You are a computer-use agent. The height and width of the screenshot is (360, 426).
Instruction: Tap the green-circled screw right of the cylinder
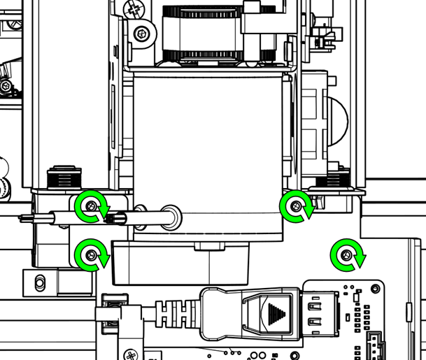point(297,206)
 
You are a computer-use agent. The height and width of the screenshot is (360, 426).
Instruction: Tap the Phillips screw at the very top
point(134,8)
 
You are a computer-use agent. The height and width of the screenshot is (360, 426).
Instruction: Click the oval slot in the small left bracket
point(40,282)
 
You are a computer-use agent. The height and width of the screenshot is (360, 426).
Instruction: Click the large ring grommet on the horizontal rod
point(169,217)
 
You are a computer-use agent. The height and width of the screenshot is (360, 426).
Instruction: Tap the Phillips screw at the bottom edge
point(131,354)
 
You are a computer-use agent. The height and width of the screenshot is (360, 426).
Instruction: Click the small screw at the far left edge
point(6,86)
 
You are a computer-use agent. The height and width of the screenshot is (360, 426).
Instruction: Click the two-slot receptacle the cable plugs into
point(316,313)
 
